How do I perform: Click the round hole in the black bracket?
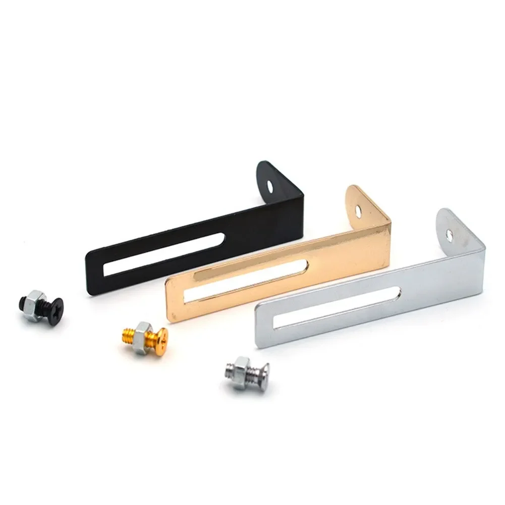(x=272, y=185)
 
